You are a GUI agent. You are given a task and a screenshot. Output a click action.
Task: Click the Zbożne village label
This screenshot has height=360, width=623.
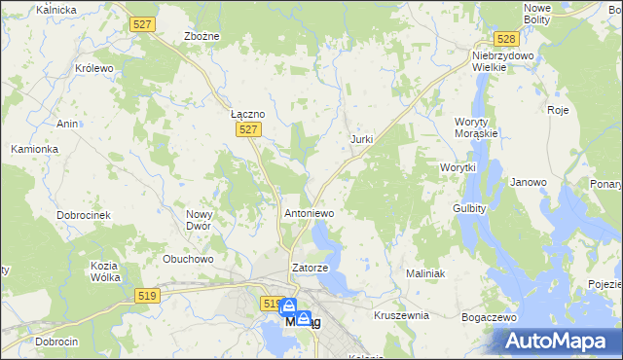pyautogui.click(x=202, y=36)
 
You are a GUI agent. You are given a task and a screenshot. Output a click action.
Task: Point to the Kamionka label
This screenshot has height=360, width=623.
pyautogui.click(x=35, y=149)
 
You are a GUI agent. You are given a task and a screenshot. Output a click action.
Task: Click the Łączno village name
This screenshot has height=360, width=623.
pyautogui.click(x=247, y=113)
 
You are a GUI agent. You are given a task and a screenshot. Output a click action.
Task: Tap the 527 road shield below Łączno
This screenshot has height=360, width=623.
pyautogui.click(x=250, y=129)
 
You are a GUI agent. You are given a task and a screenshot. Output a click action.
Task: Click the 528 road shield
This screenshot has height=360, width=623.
pyautogui.click(x=504, y=39)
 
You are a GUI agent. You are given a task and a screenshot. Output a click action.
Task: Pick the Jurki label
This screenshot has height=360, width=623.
pyautogui.click(x=361, y=139)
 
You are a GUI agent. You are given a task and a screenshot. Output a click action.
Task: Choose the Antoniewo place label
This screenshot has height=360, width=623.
pyautogui.click(x=309, y=212)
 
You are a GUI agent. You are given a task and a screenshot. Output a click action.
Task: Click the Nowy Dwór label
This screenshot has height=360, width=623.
pyautogui.click(x=199, y=219)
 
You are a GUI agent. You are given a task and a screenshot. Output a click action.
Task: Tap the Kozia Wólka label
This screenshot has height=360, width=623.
pyautogui.click(x=104, y=271)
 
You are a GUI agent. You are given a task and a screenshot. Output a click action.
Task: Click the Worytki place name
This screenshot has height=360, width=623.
pyautogui.click(x=457, y=167)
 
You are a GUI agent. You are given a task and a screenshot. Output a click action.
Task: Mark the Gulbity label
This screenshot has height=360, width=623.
pyautogui.click(x=469, y=208)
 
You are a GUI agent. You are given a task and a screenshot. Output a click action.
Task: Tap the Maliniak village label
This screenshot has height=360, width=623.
pyautogui.click(x=424, y=274)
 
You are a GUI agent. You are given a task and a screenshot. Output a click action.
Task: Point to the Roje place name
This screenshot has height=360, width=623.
pyautogui.click(x=558, y=110)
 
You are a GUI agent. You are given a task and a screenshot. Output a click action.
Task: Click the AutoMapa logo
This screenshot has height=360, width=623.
pyautogui.click(x=556, y=341)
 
